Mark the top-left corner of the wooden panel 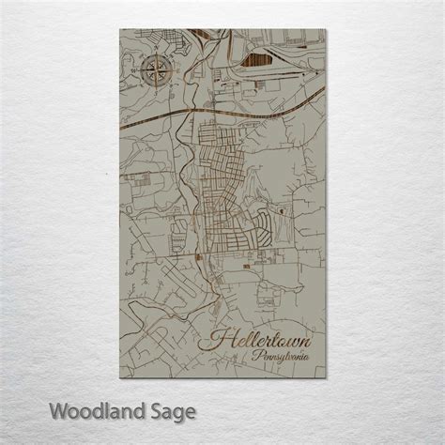(120, 29)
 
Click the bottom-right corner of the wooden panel (326, 377)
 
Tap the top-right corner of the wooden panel (326, 29)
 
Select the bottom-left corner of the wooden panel (120, 377)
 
